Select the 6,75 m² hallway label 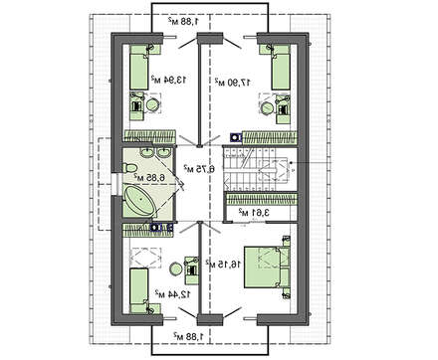coord(186,165)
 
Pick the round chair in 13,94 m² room coord(151,103)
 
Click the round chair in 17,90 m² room coord(265,101)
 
